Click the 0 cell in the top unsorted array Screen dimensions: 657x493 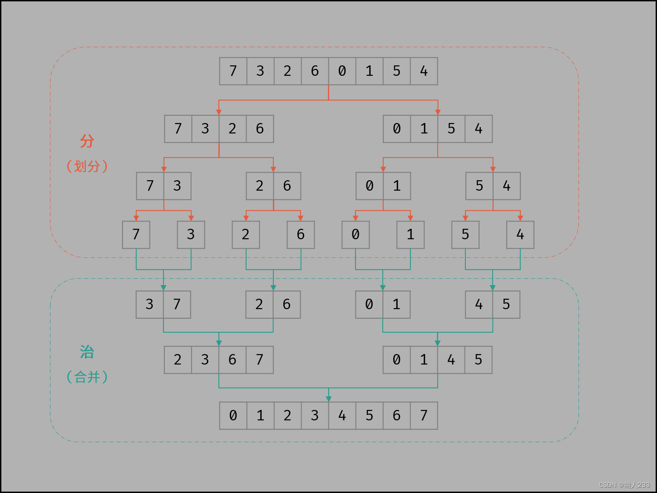(x=342, y=71)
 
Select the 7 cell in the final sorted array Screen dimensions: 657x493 (x=424, y=415)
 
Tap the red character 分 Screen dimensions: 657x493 (x=87, y=141)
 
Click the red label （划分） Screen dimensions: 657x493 (x=87, y=166)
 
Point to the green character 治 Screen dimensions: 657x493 (x=87, y=352)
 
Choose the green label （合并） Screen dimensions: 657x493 (x=87, y=377)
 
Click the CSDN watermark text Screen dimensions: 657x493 (x=624, y=485)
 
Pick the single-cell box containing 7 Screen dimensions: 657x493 (x=136, y=235)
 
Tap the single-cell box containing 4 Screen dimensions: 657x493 (x=520, y=235)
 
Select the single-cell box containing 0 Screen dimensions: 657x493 (x=356, y=235)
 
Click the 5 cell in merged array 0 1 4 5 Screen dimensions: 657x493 (x=478, y=360)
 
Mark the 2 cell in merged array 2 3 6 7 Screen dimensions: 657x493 (x=178, y=360)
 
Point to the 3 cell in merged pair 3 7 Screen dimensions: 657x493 (x=150, y=305)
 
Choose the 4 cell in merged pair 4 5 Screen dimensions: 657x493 (x=479, y=305)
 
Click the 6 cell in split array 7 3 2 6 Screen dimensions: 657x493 (x=260, y=129)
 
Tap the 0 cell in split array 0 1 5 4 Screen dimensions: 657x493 (x=397, y=129)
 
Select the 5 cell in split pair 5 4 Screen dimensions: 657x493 (x=479, y=186)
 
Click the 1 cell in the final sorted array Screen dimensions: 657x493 (x=260, y=415)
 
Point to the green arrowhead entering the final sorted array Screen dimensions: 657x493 (x=329, y=399)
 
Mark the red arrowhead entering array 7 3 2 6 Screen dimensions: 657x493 (x=219, y=112)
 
